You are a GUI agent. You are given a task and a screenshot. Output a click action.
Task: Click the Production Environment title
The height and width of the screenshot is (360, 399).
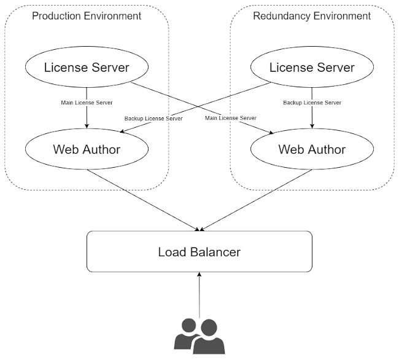click(x=87, y=15)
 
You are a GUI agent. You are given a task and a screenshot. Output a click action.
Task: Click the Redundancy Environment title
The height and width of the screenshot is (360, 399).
click(x=312, y=15)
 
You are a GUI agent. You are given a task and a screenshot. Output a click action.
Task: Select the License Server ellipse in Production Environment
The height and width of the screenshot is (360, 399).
click(x=87, y=67)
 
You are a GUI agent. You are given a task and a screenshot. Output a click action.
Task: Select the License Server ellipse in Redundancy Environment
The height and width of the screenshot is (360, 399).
click(x=312, y=67)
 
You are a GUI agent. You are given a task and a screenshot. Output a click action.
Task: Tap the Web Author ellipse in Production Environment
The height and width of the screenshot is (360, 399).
click(x=87, y=149)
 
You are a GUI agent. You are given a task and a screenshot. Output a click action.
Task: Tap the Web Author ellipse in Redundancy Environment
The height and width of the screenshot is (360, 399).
click(x=312, y=149)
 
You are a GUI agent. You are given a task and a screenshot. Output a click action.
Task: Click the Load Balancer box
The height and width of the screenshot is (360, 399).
click(x=199, y=251)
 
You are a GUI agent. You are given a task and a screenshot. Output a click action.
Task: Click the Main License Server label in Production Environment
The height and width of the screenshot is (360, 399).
click(x=87, y=103)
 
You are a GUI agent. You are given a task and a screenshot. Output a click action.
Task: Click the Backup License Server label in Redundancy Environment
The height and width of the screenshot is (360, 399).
click(x=312, y=103)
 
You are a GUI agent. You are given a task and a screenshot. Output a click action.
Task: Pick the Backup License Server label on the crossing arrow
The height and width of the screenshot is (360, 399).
click(x=153, y=118)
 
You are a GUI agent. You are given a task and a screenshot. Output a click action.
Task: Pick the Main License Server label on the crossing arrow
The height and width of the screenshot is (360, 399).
click(x=230, y=118)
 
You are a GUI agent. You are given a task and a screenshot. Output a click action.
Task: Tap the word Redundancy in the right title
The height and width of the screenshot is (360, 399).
click(x=282, y=15)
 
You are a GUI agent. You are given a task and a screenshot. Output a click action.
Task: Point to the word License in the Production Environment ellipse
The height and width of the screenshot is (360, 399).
click(x=64, y=67)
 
